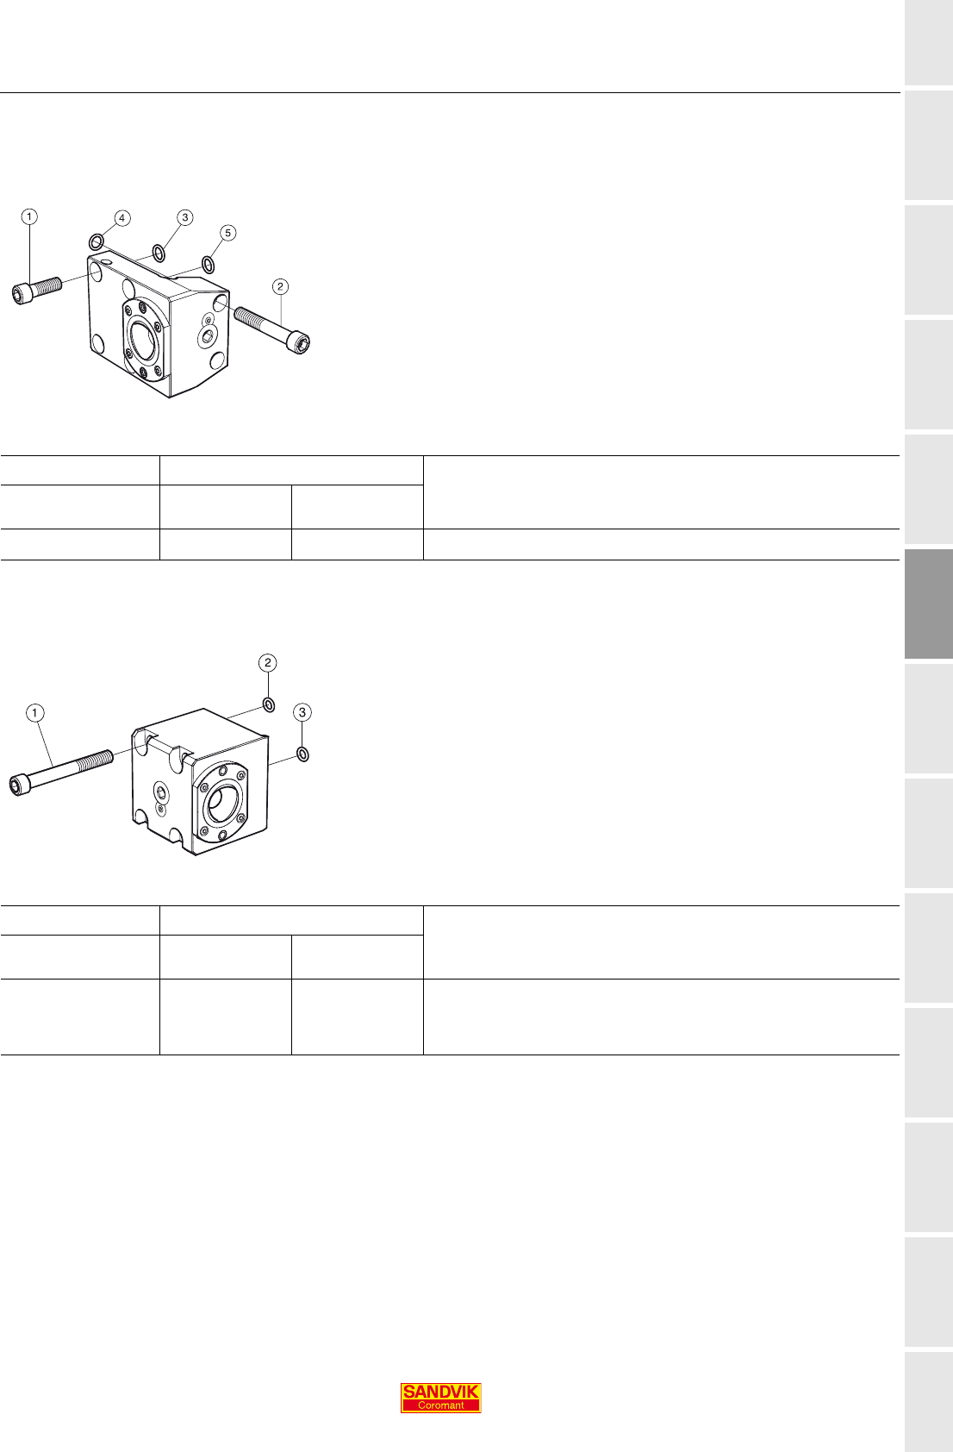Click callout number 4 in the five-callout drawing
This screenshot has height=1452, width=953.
tap(121, 218)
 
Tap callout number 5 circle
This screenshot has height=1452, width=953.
tap(227, 233)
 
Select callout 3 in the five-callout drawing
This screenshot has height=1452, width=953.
tap(185, 217)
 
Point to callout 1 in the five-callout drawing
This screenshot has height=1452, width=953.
tap(29, 216)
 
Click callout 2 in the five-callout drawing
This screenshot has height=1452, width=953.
tap(280, 286)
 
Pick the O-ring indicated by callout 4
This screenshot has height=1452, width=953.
tap(96, 242)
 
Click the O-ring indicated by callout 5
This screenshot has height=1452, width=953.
tap(208, 264)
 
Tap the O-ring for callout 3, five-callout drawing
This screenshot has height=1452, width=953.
tap(159, 253)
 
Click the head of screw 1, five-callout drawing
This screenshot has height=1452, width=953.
tap(22, 294)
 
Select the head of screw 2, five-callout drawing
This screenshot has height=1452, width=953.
tap(299, 342)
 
